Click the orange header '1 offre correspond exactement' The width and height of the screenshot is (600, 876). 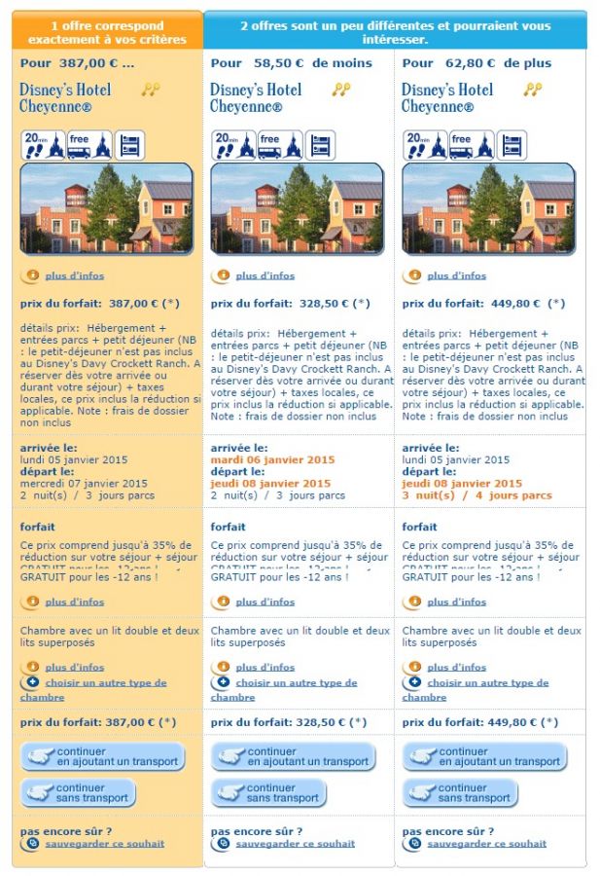point(107,32)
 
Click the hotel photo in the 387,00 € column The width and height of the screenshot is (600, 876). point(107,208)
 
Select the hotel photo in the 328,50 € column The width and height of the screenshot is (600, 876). point(298,208)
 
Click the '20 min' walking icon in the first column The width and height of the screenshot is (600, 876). point(34,145)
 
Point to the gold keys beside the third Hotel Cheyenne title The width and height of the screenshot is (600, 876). point(532,90)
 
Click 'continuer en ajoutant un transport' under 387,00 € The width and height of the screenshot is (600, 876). point(103,756)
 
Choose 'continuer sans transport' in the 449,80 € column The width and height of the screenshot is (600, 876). point(462,793)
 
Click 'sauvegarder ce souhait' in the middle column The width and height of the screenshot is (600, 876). point(295,844)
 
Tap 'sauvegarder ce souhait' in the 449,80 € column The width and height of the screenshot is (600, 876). point(486,844)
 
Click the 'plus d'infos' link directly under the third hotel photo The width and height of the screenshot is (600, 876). point(456,276)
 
